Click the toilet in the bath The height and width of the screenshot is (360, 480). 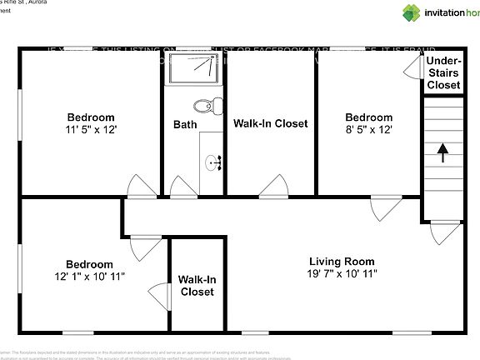[206, 106]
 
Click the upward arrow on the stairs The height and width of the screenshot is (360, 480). [442, 153]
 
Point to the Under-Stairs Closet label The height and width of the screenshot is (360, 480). [443, 73]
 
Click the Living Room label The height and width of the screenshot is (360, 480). [342, 261]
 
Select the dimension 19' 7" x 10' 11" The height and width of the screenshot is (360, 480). [342, 273]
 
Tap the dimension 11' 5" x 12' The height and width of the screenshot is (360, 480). [91, 130]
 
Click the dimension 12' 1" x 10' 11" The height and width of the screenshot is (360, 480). [89, 277]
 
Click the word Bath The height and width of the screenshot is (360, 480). [185, 124]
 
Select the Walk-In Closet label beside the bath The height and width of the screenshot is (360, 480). [270, 123]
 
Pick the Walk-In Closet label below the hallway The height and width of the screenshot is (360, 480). [197, 286]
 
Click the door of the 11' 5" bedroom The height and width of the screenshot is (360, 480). [140, 187]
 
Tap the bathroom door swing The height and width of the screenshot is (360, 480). [182, 187]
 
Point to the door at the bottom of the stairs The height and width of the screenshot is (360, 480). [444, 232]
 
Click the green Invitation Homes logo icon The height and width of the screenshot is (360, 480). [412, 12]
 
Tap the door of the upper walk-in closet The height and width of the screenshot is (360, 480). [274, 187]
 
